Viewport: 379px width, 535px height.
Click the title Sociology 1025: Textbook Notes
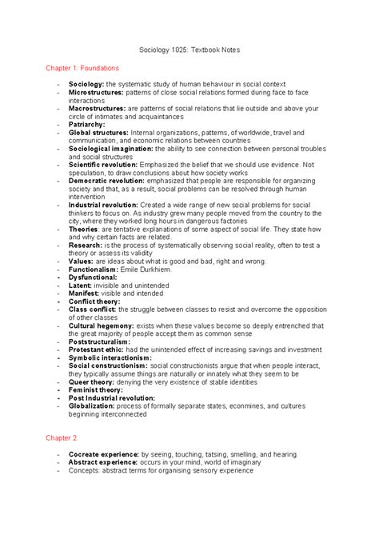tap(189, 50)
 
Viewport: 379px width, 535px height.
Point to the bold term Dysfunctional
tap(94, 278)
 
